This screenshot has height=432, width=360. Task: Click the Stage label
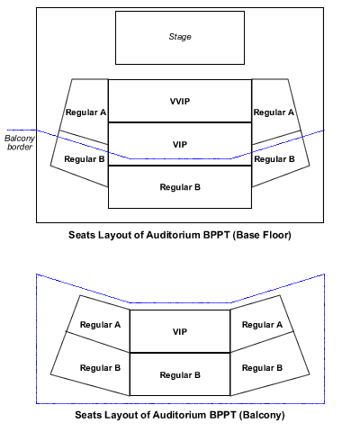(180, 37)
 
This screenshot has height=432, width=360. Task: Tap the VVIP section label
(180, 102)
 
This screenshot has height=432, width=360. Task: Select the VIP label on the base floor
(180, 145)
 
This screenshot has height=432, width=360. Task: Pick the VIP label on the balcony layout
(180, 332)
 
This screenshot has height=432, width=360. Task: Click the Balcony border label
(20, 142)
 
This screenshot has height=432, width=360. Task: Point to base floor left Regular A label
(85, 112)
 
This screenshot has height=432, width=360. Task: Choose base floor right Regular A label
(274, 112)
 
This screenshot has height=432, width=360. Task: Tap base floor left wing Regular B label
(85, 159)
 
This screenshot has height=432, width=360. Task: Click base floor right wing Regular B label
(274, 159)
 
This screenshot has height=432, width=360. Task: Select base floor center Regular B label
(180, 187)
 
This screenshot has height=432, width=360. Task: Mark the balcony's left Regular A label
(100, 325)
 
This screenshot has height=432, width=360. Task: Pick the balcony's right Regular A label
(262, 325)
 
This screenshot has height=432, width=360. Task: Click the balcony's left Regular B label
(100, 368)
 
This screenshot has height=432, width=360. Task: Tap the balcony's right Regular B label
(262, 368)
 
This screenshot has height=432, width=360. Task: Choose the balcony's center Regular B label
(180, 375)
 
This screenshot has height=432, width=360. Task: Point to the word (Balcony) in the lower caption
(262, 415)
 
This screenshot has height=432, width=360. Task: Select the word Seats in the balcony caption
(86, 415)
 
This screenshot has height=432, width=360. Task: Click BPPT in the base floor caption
(217, 235)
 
